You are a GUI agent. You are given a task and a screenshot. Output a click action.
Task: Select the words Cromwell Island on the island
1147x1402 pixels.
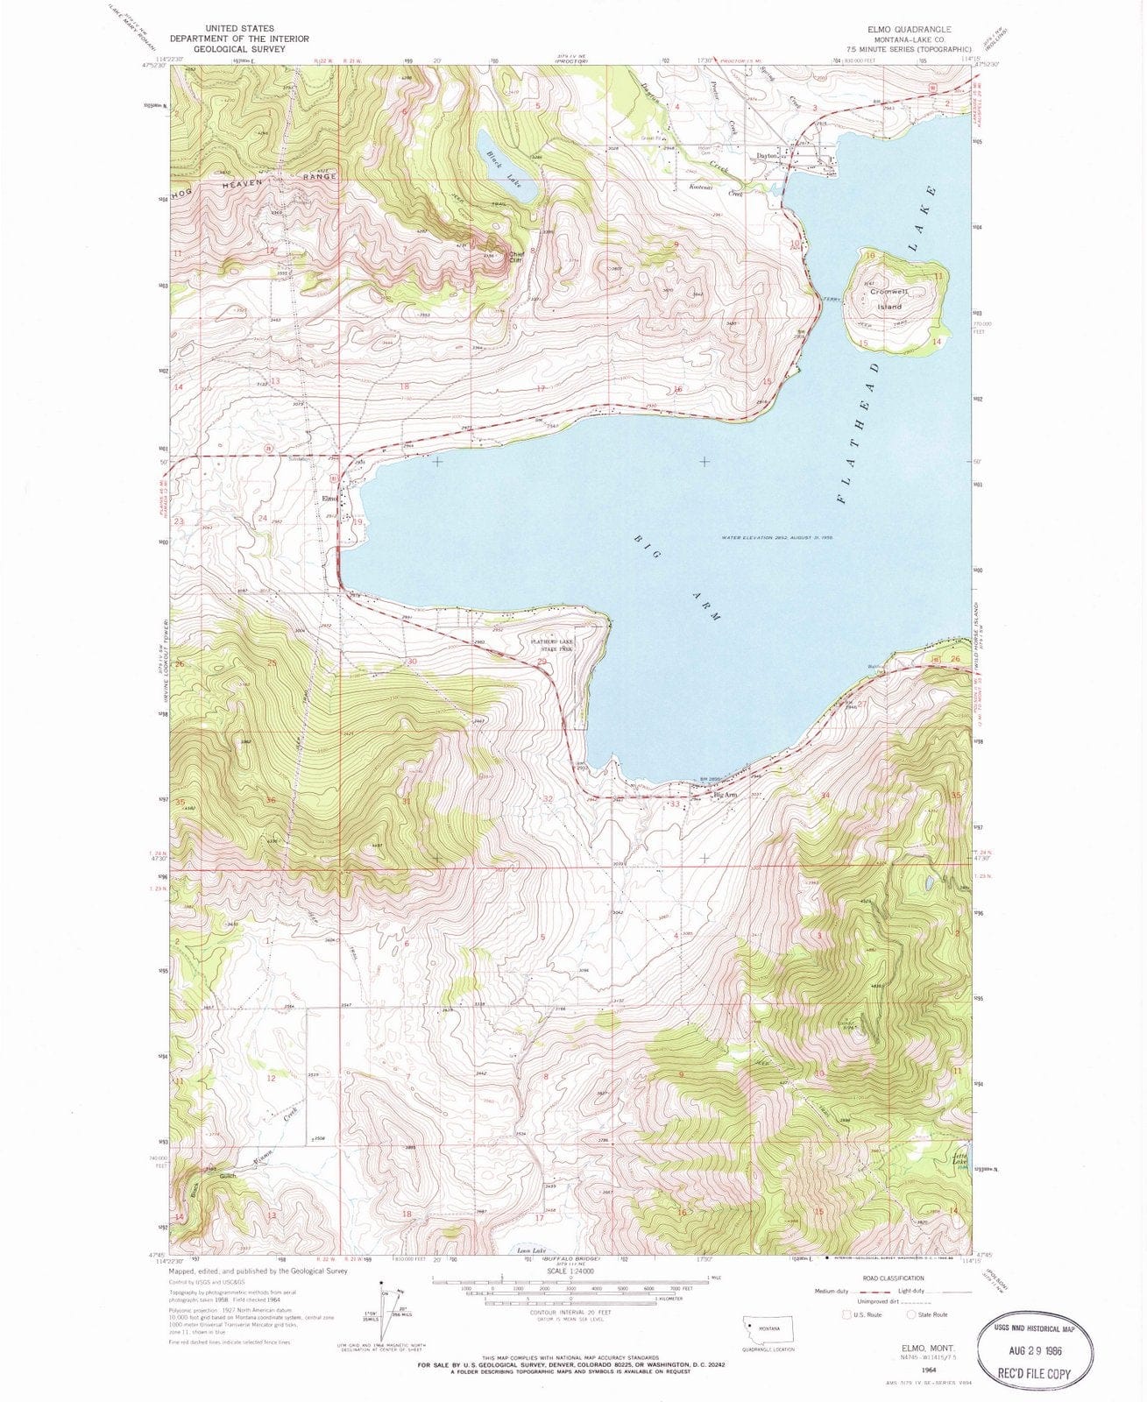[x=886, y=299]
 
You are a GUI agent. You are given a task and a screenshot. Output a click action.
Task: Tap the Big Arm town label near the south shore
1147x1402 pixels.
[x=726, y=795]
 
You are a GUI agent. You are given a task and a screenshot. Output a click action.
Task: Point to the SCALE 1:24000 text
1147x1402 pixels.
[x=570, y=1270]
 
